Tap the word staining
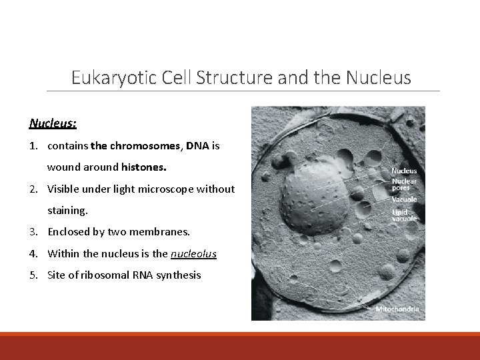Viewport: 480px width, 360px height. [x=67, y=210]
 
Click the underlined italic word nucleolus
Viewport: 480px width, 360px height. [x=193, y=253]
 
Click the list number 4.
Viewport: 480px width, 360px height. [x=33, y=253]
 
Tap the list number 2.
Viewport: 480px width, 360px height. [x=33, y=189]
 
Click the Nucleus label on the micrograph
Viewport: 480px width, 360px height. [x=404, y=171]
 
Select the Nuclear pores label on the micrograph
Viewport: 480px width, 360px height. [x=404, y=184]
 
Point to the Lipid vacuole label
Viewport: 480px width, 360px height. [x=404, y=215]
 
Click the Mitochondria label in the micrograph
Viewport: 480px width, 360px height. [x=397, y=309]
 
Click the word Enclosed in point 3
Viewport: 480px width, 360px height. [x=69, y=232]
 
